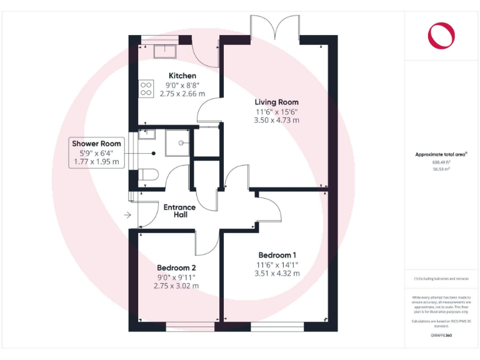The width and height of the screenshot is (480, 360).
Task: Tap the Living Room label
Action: click(276, 102)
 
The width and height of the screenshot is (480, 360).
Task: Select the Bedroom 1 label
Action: click(277, 255)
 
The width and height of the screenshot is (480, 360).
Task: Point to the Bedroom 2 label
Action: click(176, 267)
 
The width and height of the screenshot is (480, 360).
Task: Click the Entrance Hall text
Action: click(179, 211)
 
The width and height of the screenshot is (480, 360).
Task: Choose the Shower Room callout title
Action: click(96, 144)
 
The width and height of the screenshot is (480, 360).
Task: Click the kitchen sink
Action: click(165, 50)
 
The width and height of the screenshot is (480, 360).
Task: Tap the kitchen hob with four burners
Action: click(146, 88)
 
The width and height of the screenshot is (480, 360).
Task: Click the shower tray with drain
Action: click(177, 142)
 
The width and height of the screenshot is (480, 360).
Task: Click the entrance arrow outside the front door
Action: click(127, 216)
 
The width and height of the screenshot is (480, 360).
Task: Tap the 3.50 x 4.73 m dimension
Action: click(276, 120)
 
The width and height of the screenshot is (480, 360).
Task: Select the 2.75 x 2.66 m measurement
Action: click(182, 94)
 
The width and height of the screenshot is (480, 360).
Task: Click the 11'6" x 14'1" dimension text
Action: click(277, 264)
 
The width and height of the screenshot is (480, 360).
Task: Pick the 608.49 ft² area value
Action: click(441, 162)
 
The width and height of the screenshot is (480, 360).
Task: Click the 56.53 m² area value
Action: click(441, 169)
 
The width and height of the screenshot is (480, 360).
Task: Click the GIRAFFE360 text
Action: click(441, 336)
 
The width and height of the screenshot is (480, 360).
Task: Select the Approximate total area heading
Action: click(441, 154)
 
